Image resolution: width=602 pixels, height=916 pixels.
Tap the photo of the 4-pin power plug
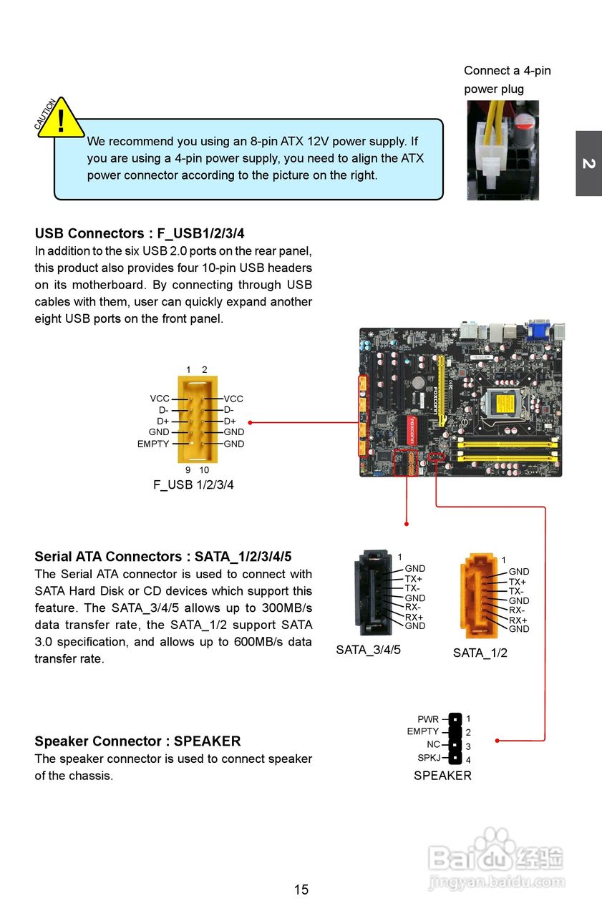pyautogui.click(x=503, y=150)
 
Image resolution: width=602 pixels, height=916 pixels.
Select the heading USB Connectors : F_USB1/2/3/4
pyautogui.click(x=140, y=233)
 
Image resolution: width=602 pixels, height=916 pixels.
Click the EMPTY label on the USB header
pyautogui.click(x=153, y=444)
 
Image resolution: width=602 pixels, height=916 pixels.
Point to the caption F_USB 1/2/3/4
pyautogui.click(x=193, y=484)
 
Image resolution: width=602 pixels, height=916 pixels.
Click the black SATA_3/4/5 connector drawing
pyautogui.click(x=374, y=593)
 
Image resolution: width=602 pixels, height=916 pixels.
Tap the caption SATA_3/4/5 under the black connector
pyautogui.click(x=368, y=650)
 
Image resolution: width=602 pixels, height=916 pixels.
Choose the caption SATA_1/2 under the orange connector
pyautogui.click(x=480, y=653)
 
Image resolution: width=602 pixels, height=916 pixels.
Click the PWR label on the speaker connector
pyautogui.click(x=428, y=719)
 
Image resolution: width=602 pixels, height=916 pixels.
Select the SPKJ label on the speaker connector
pyautogui.click(x=428, y=758)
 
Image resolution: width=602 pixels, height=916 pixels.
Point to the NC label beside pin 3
pyautogui.click(x=433, y=745)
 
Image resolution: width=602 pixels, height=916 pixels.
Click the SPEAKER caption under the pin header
pyautogui.click(x=442, y=775)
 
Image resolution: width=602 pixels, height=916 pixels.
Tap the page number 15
pyautogui.click(x=301, y=890)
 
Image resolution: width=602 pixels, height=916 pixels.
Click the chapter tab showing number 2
pyautogui.click(x=588, y=163)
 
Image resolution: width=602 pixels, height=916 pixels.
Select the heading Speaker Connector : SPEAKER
pyautogui.click(x=137, y=741)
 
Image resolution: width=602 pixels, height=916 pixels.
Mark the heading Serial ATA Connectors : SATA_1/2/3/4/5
pyautogui.click(x=163, y=556)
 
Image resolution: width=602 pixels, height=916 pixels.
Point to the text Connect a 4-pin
pyautogui.click(x=507, y=70)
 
